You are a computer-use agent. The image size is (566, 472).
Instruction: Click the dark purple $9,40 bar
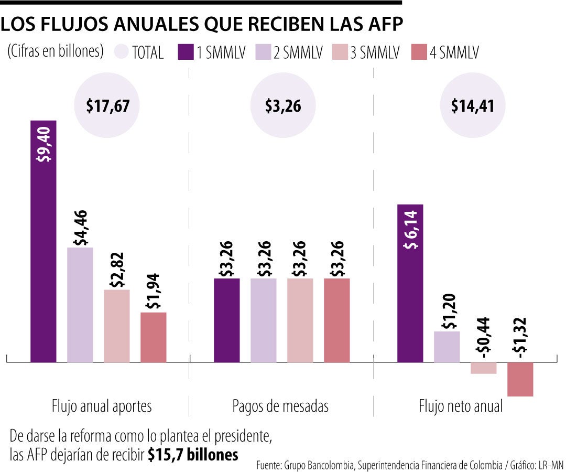click(x=43, y=241)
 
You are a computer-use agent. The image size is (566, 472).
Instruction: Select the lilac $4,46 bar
click(x=80, y=304)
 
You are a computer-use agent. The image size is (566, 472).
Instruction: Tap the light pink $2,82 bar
click(x=117, y=326)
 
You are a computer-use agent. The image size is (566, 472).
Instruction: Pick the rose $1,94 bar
click(x=154, y=337)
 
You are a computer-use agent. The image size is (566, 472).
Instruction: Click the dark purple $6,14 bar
click(x=410, y=283)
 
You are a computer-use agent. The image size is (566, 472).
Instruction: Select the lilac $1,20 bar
click(x=447, y=347)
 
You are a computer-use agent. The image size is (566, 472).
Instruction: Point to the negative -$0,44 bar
click(x=484, y=368)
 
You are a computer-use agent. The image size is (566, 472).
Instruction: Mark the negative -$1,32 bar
click(x=520, y=379)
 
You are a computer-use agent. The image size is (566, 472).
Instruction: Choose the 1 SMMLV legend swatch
click(x=186, y=52)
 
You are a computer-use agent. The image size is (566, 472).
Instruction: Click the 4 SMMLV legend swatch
click(x=420, y=52)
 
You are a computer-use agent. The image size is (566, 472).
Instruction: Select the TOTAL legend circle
click(x=121, y=52)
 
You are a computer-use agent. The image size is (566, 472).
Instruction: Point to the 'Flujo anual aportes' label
click(x=102, y=406)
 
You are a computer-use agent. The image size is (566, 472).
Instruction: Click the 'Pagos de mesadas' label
click(x=280, y=406)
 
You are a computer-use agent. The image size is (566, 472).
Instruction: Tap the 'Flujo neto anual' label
click(x=461, y=406)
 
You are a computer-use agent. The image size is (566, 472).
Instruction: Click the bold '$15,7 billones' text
click(x=193, y=455)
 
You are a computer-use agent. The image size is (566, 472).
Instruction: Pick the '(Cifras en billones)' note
click(x=56, y=51)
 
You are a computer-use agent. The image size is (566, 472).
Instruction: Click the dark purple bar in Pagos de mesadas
click(x=227, y=320)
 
